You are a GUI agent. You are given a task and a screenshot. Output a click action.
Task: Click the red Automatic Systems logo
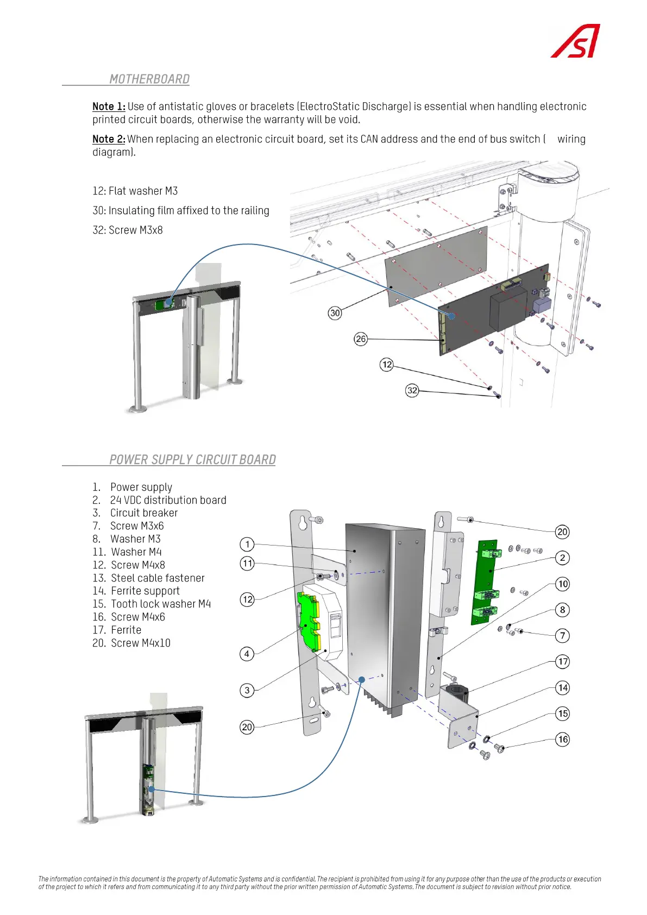575,41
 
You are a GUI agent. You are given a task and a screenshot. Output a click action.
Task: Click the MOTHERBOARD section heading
149,79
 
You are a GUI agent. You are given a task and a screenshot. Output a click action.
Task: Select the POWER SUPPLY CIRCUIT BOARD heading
192,460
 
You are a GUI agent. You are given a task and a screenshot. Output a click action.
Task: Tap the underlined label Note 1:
109,106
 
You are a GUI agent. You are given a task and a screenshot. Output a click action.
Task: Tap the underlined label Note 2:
109,139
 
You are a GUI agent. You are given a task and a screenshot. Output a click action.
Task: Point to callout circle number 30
335,313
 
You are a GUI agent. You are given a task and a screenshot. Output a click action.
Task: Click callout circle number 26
361,339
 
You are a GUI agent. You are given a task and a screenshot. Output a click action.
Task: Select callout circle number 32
412,390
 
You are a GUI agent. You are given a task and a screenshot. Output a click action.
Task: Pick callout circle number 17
563,661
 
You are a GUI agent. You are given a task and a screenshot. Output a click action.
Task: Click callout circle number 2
563,557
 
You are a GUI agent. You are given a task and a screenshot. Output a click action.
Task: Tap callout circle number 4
247,654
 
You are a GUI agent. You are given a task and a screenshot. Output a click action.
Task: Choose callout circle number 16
563,739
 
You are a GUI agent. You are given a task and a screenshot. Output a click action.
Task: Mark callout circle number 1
247,544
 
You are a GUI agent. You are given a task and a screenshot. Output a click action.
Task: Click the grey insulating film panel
435,266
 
